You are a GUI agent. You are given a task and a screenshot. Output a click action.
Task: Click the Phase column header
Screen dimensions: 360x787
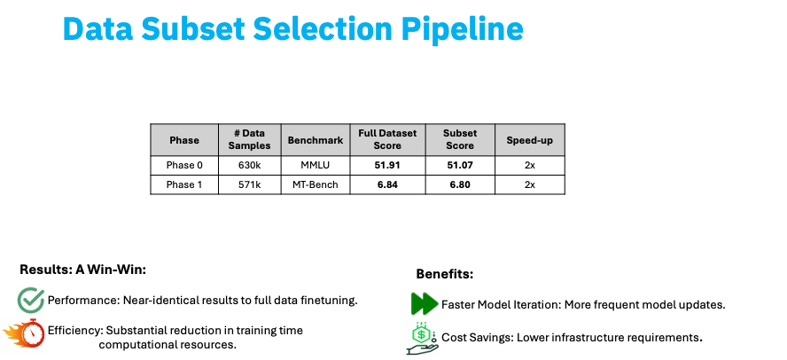coord(184,140)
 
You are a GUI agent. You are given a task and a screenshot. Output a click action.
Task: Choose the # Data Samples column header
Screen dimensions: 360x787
coord(249,140)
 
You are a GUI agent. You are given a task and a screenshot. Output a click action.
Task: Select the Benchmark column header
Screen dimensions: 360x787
coord(316,140)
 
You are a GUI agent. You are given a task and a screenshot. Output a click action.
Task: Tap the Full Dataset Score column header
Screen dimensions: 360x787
coord(387,140)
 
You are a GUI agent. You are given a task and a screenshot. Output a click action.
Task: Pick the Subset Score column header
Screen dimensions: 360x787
coord(460,140)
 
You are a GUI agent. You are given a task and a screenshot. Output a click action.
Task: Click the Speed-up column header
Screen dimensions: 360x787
coord(529,140)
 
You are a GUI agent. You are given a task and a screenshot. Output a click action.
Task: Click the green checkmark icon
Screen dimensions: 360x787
coord(31,299)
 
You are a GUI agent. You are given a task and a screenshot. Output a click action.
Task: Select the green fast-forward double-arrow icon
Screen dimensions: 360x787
coord(425,304)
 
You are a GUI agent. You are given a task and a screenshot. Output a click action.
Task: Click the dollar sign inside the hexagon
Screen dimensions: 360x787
coord(422,333)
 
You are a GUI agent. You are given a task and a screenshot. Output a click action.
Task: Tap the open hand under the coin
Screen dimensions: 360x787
coord(421,349)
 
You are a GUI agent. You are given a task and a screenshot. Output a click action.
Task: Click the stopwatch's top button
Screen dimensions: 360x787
coord(33,320)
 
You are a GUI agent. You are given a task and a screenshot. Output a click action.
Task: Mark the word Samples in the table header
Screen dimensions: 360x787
coord(249,146)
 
